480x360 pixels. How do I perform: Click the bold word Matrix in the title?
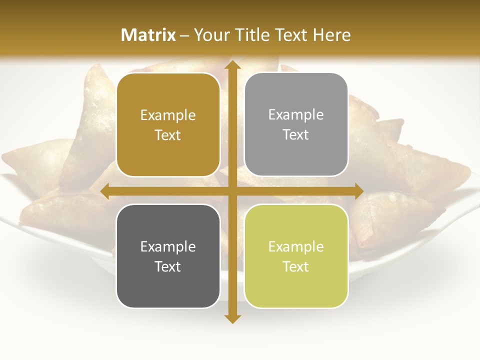tap(148, 35)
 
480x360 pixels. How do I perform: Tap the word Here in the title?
tap(331, 35)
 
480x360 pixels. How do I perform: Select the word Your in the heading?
tap(210, 35)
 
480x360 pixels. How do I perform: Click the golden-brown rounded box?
tap(168, 125)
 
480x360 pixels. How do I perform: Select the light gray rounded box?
tap(296, 124)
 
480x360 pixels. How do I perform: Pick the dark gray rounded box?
tap(168, 256)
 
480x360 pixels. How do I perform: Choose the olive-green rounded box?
tap(296, 256)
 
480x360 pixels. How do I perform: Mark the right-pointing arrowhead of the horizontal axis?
tap(358, 191)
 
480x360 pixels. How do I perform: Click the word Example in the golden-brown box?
tap(168, 115)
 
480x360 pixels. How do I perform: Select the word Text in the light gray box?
tap(296, 135)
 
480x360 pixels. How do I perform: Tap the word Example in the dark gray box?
tap(168, 246)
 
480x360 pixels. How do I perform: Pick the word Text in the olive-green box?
tap(296, 266)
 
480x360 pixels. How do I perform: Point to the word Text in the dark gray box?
tap(168, 266)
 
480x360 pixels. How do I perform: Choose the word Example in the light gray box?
tap(296, 114)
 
